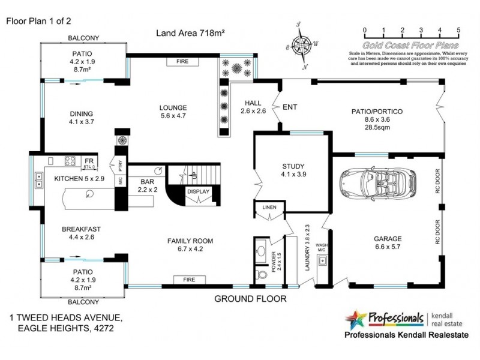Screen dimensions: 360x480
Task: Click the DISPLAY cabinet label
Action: coord(197,192)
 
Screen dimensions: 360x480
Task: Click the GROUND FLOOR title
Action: coord(253,298)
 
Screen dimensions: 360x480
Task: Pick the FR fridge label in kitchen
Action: coord(88,161)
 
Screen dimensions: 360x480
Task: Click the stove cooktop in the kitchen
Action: coord(69,161)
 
